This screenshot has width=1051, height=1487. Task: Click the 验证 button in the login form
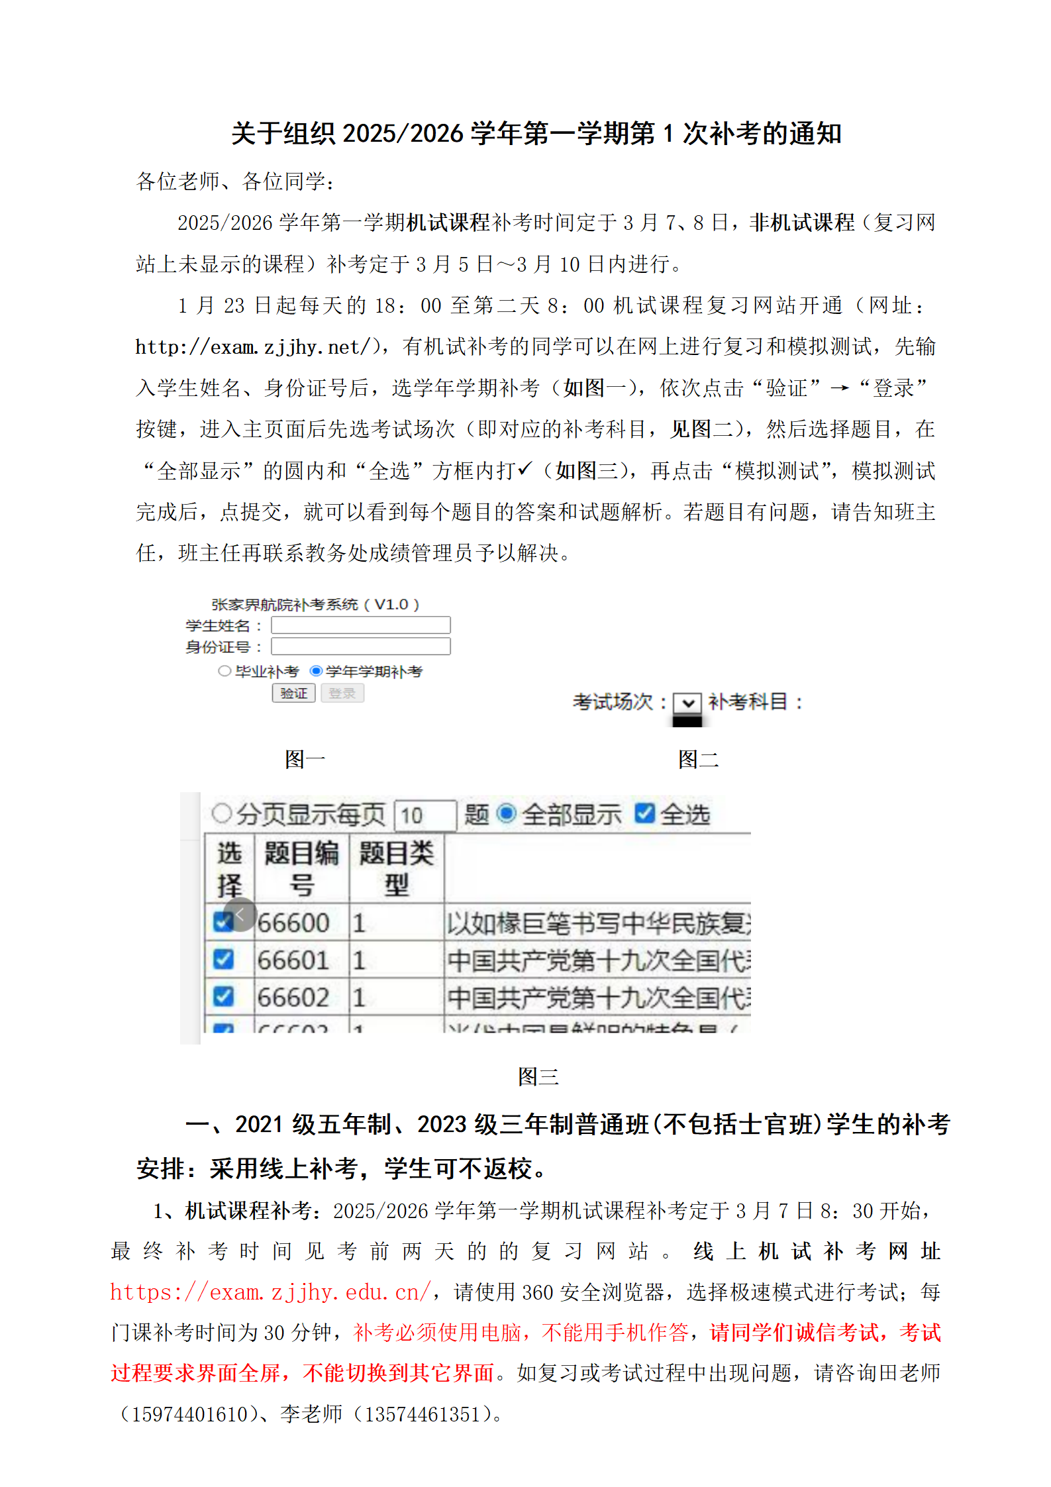click(293, 693)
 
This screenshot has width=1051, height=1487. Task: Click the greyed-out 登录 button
click(342, 693)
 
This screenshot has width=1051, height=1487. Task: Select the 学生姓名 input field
click(360, 625)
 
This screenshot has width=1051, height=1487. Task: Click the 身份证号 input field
click(360, 646)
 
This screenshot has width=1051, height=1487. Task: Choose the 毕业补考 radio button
click(225, 671)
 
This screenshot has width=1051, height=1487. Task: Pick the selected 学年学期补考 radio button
click(316, 671)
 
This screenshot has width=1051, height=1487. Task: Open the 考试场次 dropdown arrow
click(687, 702)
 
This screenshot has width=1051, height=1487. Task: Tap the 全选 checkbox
click(644, 813)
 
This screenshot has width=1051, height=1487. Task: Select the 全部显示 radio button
click(506, 813)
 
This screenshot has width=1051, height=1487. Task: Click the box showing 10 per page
click(425, 815)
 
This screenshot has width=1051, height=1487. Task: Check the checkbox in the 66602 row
click(223, 996)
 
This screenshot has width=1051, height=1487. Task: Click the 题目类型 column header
click(396, 868)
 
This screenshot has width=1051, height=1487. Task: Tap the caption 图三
click(538, 1076)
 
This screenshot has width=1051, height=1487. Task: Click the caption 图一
click(305, 759)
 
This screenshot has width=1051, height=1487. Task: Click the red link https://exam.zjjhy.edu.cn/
click(270, 1292)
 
